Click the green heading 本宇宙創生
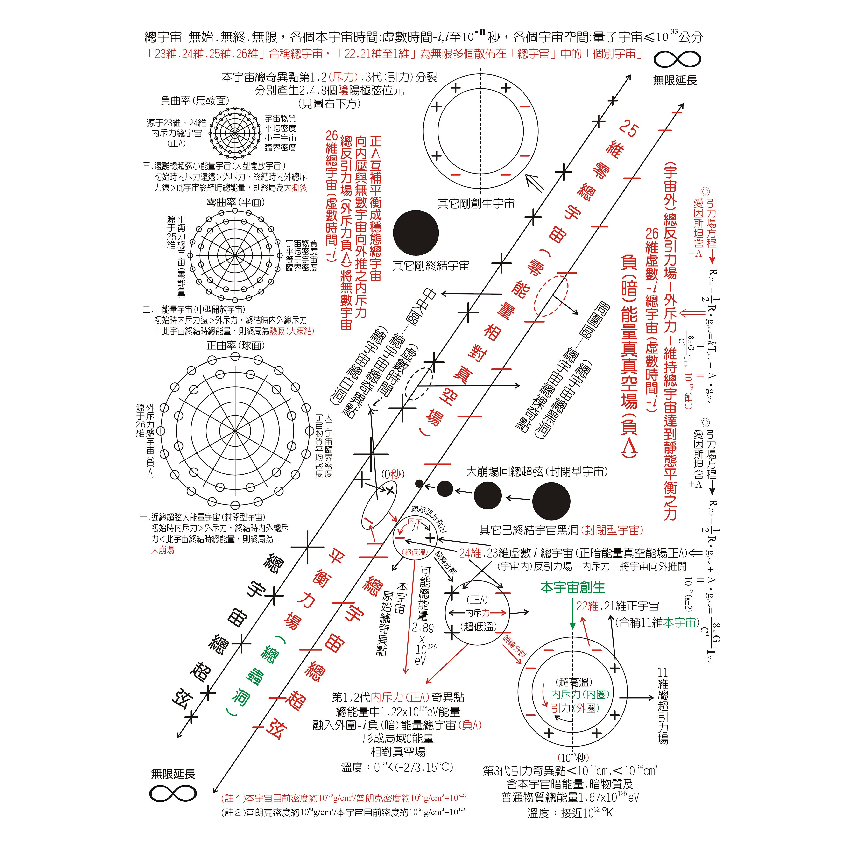pos(572,587)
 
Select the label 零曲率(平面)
pos(235,202)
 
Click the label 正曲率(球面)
pos(235,346)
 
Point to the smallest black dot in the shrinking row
pos(419,484)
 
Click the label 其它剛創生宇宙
pos(476,204)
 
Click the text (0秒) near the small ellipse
pos(392,474)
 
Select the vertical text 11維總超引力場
pos(663,706)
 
